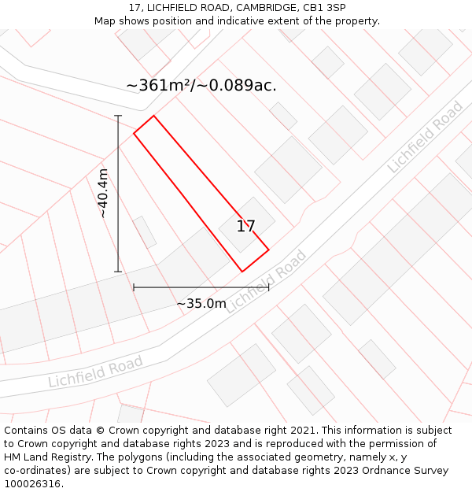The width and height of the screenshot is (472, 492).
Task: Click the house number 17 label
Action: click(245, 227)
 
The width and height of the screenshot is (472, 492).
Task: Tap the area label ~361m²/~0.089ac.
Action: click(201, 86)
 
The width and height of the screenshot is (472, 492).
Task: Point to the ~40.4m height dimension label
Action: click(103, 193)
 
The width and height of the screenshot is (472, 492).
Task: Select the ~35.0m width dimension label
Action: click(201, 303)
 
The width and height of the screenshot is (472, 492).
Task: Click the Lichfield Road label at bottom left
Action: click(95, 372)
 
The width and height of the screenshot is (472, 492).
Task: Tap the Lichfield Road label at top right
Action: click(425, 138)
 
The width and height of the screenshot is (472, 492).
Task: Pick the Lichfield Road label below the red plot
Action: click(265, 282)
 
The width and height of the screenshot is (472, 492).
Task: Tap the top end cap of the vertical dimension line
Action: click(118, 116)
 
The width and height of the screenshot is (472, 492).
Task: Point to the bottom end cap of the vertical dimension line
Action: click(118, 272)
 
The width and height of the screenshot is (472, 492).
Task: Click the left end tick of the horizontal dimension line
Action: click(134, 287)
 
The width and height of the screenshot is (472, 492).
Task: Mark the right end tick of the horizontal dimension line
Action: click(269, 287)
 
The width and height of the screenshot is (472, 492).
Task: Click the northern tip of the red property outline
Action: click(153, 117)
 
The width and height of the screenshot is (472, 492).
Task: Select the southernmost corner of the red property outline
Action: click(242, 272)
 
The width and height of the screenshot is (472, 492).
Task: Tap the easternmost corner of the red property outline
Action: click(269, 250)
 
